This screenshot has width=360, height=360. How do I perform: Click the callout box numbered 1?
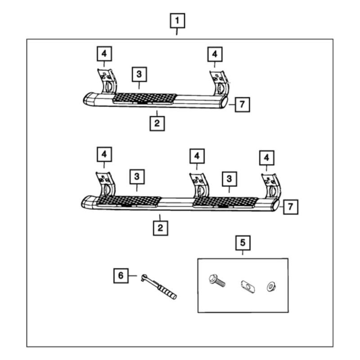click(177, 21)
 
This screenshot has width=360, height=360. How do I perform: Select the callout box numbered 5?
click(243, 243)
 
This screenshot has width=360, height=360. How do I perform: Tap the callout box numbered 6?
click(120, 275)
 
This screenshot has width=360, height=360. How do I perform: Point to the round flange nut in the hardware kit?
click(271, 286)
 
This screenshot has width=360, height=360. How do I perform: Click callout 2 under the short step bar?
click(157, 123)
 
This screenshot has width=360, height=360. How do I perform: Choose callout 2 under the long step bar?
click(160, 228)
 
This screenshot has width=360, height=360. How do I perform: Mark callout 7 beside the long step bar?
click(290, 207)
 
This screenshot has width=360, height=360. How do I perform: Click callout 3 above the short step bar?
click(139, 73)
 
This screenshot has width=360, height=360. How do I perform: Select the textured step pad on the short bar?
click(144, 98)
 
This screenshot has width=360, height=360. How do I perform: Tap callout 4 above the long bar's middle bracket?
click(197, 156)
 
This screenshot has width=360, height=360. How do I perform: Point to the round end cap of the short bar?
click(224, 103)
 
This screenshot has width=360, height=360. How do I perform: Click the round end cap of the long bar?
click(274, 206)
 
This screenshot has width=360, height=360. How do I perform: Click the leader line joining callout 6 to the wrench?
click(133, 275)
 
